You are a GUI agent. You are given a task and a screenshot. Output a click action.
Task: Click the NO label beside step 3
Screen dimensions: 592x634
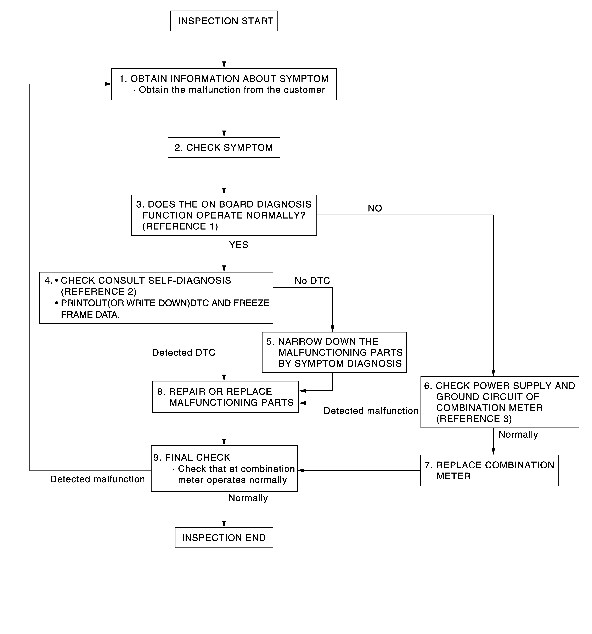[x=375, y=208]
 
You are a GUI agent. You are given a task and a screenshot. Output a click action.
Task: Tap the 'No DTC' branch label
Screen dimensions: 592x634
[x=312, y=281]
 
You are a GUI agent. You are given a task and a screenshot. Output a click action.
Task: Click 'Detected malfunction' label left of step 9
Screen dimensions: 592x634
[x=98, y=479]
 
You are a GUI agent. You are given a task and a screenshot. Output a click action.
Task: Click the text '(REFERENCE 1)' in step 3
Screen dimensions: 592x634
[x=180, y=226]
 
